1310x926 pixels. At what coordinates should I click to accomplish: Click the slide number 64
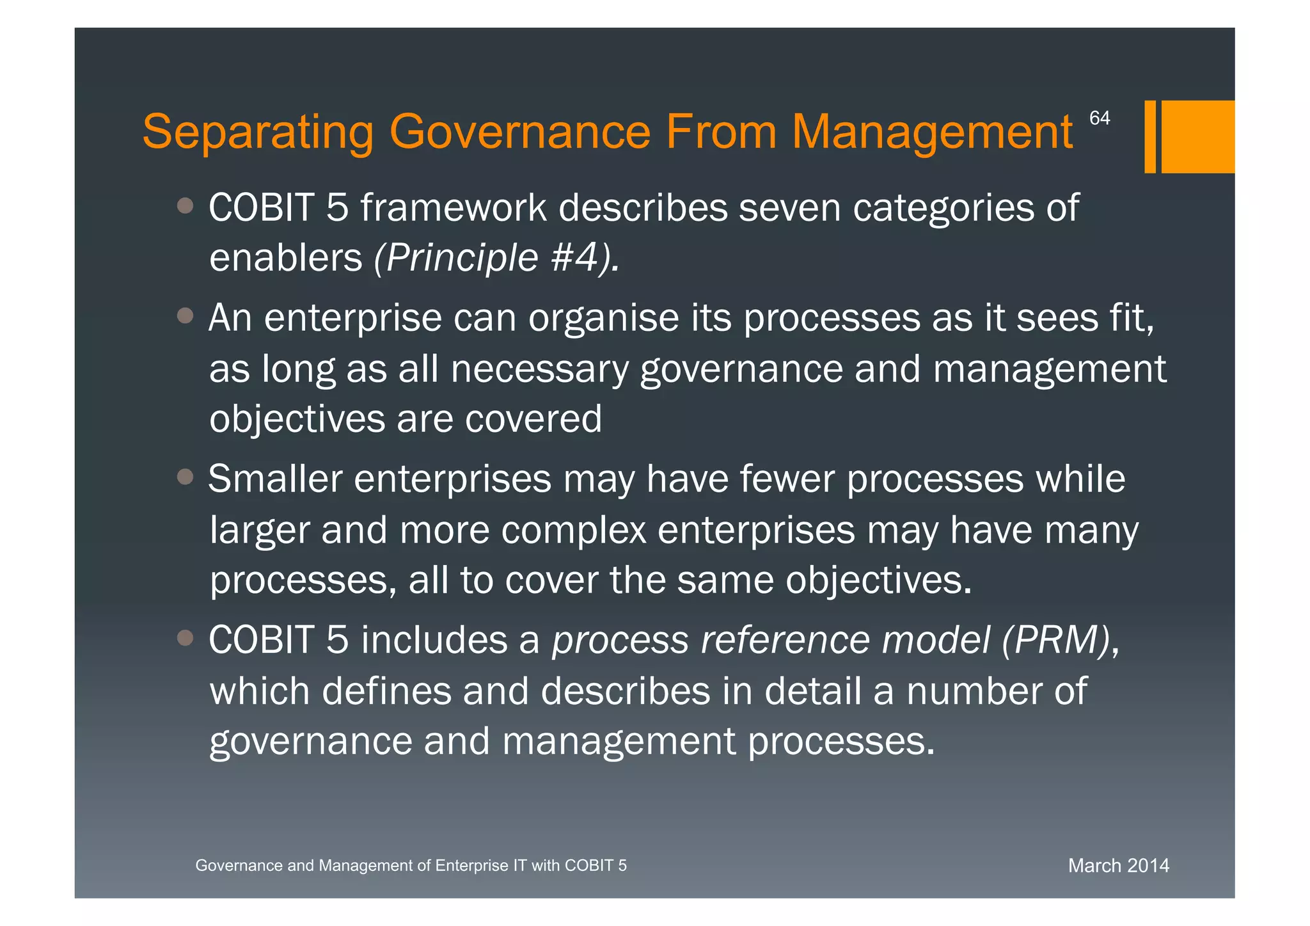[1100, 118]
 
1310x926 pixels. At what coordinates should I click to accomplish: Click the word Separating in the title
[257, 132]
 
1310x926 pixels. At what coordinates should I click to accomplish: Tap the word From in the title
[721, 132]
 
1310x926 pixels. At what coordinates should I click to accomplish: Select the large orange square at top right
[1197, 136]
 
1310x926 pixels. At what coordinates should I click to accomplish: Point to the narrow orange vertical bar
[1150, 136]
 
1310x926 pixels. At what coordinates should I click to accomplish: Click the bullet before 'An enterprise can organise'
[185, 315]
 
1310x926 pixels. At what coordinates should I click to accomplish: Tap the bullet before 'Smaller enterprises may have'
[185, 477]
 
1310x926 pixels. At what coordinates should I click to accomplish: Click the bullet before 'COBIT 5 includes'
[185, 638]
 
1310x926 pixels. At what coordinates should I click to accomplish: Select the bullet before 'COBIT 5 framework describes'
[185, 205]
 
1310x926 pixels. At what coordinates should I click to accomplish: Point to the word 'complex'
[573, 531]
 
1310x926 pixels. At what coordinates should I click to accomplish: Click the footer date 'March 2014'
[1118, 866]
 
